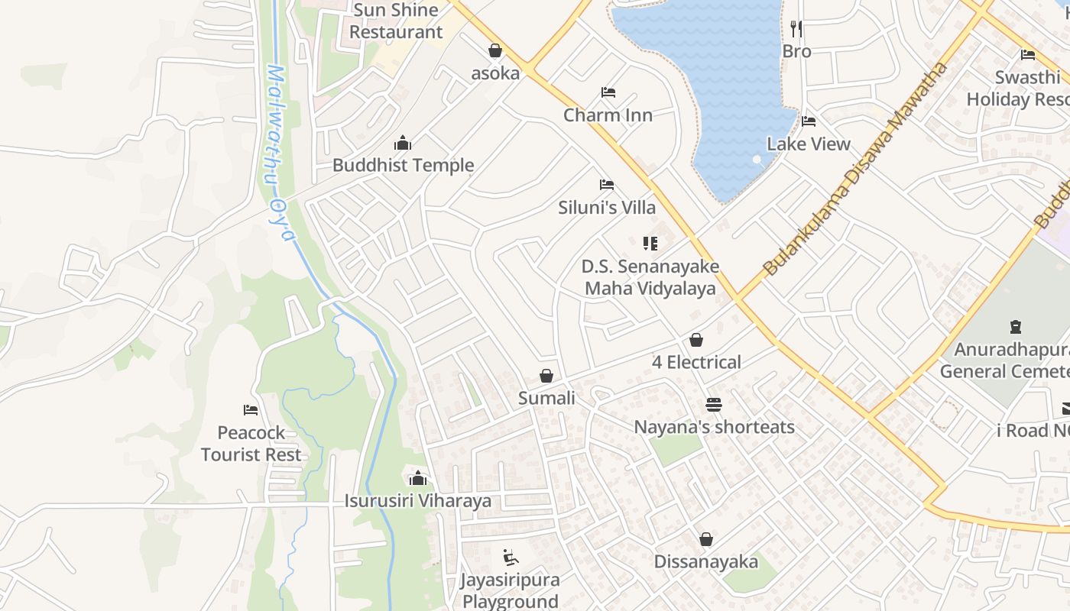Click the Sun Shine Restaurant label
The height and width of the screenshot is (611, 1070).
point(396,21)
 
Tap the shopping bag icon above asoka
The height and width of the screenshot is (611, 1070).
point(495,51)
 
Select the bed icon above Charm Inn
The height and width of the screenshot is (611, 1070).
point(608,92)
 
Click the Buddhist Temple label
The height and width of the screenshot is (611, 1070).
point(403,165)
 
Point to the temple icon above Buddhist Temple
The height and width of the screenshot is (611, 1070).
point(403,143)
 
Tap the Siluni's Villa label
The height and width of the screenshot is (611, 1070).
point(607,207)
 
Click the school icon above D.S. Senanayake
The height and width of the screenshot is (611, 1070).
point(650,244)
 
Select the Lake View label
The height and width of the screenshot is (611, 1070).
point(809,144)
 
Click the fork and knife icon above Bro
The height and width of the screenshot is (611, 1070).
point(796,29)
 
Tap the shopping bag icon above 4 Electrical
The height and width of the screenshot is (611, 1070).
point(696,340)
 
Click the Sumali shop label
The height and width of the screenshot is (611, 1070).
point(546,398)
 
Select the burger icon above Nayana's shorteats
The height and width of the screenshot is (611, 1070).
point(714,404)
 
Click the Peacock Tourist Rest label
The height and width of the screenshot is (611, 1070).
point(251,444)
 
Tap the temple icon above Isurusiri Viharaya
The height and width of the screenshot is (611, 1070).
point(417,479)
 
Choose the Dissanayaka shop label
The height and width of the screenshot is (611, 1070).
point(706,562)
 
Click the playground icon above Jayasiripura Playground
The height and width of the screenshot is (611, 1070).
point(511,558)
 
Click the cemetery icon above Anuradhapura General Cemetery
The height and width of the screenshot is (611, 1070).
point(1016,328)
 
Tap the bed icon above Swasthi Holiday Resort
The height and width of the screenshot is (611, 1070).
point(1028,55)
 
